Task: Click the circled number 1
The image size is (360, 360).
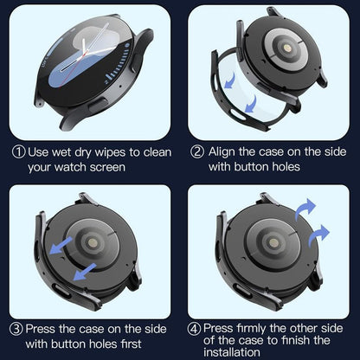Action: (17, 152)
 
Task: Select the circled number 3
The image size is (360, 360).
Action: (17, 330)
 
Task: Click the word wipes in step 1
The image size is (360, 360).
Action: (100, 152)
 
